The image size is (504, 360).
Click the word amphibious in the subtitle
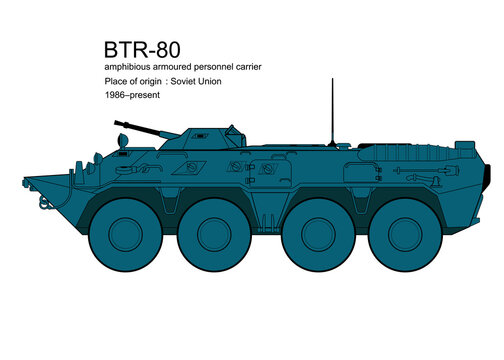(x=123, y=66)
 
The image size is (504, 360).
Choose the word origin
(x=160, y=80)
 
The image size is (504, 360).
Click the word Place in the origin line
(x=116, y=80)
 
